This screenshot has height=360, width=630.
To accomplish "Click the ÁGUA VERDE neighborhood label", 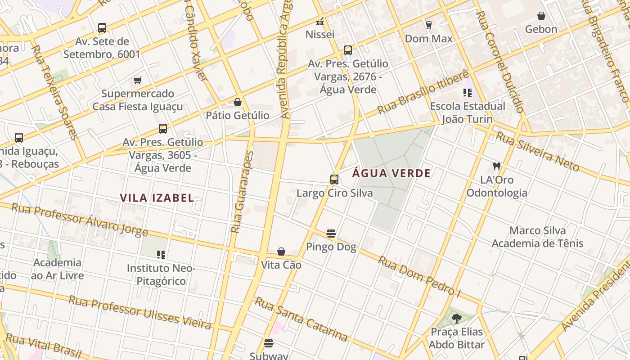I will point(391,173).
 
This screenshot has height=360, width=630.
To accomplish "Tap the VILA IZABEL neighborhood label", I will point(157,198).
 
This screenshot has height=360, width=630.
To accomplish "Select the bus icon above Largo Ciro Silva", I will point(334,180).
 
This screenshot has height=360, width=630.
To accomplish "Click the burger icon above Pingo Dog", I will point(331,234).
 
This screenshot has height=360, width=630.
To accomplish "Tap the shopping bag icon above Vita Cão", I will point(281,252).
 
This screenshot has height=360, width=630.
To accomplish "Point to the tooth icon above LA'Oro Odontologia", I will point(497,166).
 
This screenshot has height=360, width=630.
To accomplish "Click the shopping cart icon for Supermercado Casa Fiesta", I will point(138,81).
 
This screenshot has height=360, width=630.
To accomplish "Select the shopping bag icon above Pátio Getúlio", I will point(238,102).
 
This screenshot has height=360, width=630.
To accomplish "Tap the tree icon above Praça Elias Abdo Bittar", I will point(456,319).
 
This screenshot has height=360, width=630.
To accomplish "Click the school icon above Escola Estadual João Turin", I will point(468,93).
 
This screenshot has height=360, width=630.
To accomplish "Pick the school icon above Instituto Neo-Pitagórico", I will point(162,255).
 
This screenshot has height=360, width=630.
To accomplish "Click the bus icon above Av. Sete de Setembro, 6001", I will point(102,28).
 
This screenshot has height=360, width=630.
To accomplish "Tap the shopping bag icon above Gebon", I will point(541,16).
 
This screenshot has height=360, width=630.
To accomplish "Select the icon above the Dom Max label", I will point(428,25).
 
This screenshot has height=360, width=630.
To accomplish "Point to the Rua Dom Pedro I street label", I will point(419,277).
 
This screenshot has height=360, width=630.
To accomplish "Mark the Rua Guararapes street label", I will point(242,192).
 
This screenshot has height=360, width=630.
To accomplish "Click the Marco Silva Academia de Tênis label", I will point(537,237).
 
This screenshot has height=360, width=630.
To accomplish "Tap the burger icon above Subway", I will point(269,344).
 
